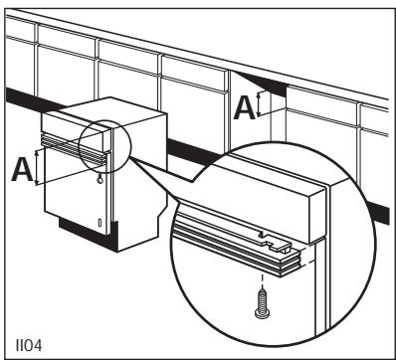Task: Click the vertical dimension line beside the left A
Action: (x=40, y=169)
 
